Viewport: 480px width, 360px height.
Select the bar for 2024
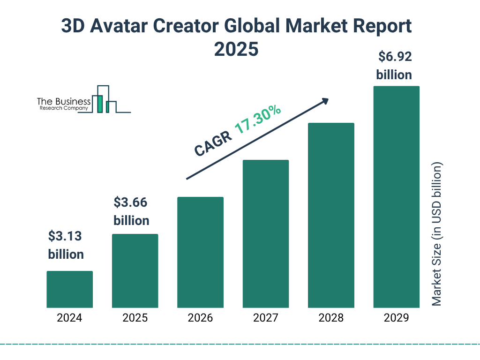coord(69,289)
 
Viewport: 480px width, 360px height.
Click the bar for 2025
coord(135,271)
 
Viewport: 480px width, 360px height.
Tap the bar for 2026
coord(200,252)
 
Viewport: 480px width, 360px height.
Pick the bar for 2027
coord(265,234)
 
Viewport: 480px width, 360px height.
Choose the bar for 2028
coord(331,216)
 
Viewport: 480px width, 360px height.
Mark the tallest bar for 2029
coord(396,197)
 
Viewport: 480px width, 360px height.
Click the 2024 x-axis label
coord(69,318)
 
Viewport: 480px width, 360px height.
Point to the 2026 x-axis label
coord(200,318)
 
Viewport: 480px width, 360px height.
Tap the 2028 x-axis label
coord(331,318)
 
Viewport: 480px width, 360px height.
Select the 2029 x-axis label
coord(396,318)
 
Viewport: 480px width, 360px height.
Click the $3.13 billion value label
coord(66,245)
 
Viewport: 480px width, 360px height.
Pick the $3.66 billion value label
coord(131,211)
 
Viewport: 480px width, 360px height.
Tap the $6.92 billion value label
coord(394,66)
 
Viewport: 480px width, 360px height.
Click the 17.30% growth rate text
coord(257,120)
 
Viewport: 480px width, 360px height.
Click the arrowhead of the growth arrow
coord(325,101)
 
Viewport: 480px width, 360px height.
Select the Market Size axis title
coord(437,234)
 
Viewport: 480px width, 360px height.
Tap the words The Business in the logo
coord(64,102)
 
